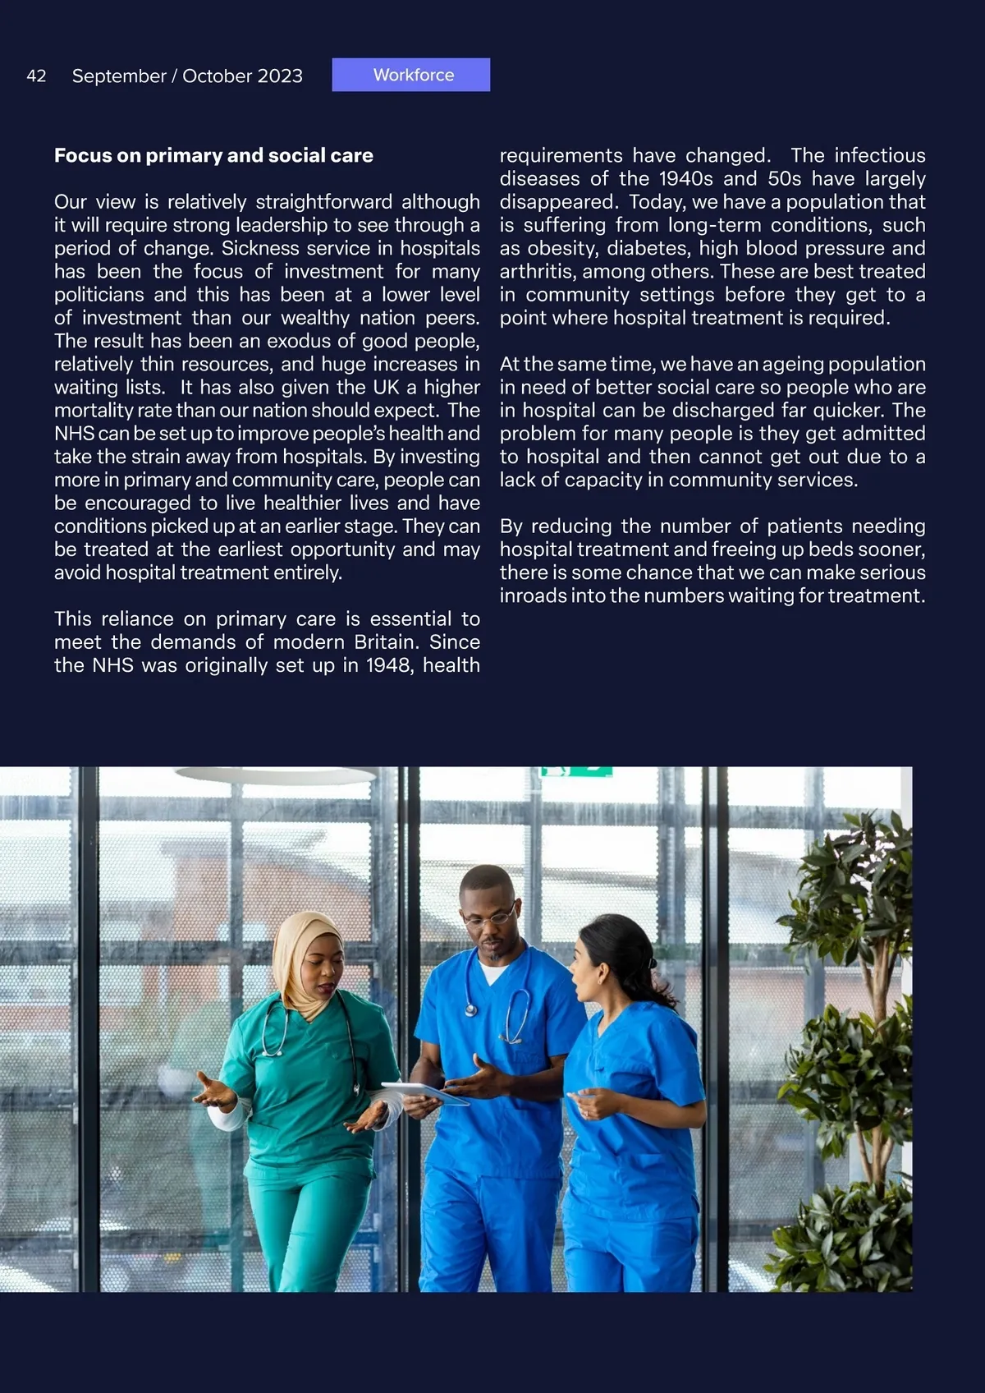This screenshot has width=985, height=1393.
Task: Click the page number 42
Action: (36, 76)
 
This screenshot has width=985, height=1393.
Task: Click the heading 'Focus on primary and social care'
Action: (213, 155)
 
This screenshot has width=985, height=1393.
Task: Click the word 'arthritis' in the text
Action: (538, 271)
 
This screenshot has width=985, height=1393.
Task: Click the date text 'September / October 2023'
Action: (187, 76)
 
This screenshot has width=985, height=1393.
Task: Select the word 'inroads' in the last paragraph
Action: (532, 595)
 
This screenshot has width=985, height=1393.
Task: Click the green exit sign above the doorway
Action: (576, 771)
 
